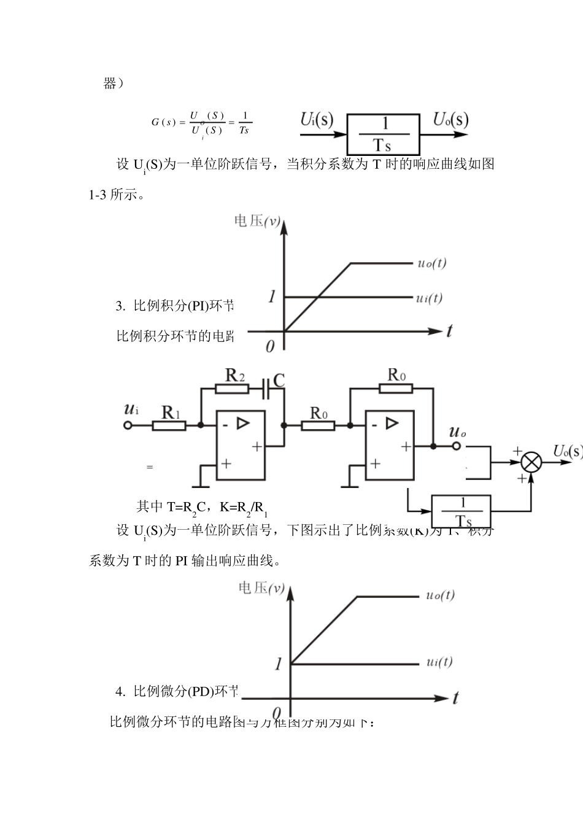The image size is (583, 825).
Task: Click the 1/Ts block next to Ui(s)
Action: point(384,134)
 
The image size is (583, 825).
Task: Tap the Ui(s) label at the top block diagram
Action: point(317,120)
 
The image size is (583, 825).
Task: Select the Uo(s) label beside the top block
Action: point(450,120)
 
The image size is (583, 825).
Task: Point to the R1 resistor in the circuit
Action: point(169,424)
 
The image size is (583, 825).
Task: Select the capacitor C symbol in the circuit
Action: point(268,388)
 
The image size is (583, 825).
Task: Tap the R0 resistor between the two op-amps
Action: point(318,424)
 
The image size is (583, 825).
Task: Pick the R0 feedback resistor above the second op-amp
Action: point(396,388)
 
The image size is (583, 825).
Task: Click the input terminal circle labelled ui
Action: point(128,424)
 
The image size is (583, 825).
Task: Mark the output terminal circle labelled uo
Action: point(455,446)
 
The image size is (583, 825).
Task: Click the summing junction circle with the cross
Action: point(531,462)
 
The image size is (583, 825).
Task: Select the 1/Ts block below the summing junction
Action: point(461,511)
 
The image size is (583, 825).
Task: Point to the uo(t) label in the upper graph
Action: point(432,263)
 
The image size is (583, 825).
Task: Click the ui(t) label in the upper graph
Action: point(429,298)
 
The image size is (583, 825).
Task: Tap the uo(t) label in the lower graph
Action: point(440,595)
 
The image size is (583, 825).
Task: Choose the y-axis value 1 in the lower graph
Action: point(278,664)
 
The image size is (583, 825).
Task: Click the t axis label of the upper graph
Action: point(449,331)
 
